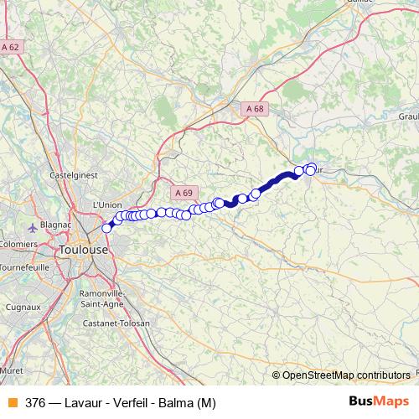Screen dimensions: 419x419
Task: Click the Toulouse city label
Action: click(84, 250)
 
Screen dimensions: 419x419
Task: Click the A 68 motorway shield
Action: click(255, 108)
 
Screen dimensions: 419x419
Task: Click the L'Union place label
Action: click(107, 204)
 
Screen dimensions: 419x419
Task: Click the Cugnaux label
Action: click(24, 307)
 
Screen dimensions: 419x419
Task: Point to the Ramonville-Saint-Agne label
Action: click(101, 298)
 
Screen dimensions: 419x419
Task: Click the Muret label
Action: click(10, 368)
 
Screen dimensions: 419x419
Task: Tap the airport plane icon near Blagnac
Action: click(32, 226)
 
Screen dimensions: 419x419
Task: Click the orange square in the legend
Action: click(12, 402)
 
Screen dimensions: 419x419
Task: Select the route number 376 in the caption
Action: click(35, 402)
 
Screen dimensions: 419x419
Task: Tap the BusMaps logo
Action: click(379, 401)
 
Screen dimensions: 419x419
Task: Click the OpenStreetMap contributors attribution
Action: click(345, 375)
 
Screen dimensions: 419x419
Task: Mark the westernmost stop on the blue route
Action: click(107, 228)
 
